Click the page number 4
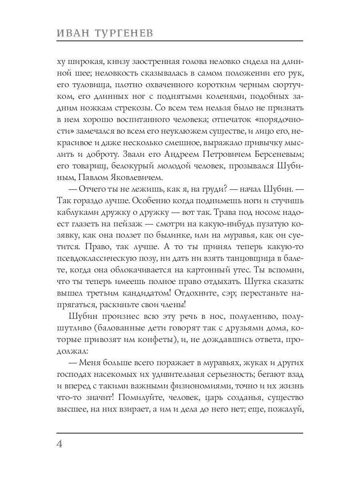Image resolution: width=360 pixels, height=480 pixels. pos(60,445)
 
